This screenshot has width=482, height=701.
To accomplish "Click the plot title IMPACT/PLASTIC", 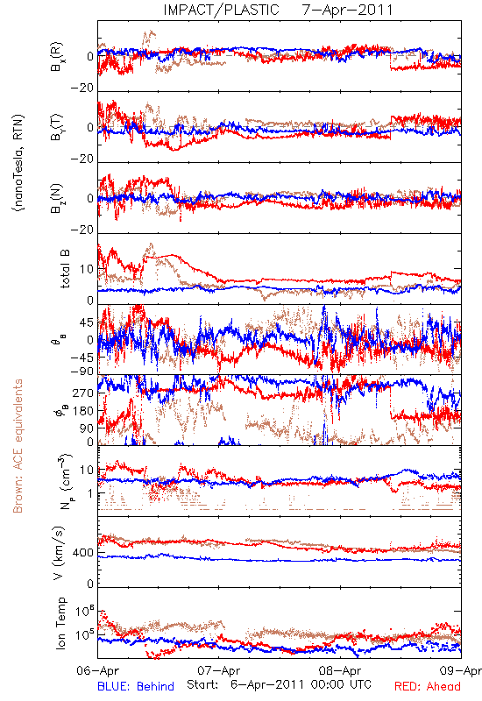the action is (221, 10).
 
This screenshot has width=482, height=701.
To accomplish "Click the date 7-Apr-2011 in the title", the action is (347, 10).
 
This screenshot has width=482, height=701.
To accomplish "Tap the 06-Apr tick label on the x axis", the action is (97, 670).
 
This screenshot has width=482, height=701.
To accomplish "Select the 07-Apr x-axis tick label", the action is (218, 670).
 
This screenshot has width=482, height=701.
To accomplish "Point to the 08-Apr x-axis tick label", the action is (340, 670).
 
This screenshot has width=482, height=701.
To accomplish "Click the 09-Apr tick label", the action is (461, 670).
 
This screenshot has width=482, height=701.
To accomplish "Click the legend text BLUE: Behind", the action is (136, 687).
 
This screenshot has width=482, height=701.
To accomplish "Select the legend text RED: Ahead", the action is (427, 687).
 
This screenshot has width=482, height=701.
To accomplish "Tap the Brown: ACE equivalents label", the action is (18, 446).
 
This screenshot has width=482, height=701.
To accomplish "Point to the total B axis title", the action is (65, 269).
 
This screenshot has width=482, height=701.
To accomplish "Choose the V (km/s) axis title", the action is (59, 553).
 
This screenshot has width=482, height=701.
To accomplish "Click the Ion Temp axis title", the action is (60, 623).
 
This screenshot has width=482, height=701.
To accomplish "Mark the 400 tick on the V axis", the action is (83, 553).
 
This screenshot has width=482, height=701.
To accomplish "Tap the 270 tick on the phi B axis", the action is (83, 393).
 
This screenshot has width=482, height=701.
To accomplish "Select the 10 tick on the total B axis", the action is (87, 269).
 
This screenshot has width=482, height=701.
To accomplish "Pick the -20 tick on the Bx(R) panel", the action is (82, 89).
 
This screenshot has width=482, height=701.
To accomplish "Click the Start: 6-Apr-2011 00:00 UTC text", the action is (279, 684).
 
